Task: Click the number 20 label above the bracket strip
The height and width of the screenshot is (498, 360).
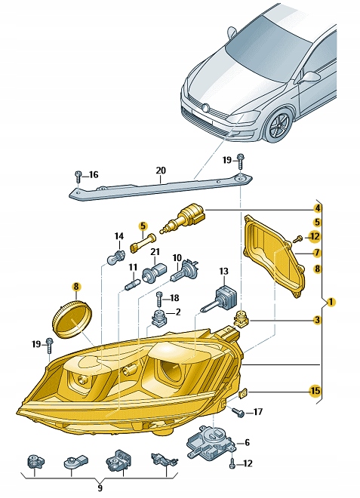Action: click(x=160, y=171)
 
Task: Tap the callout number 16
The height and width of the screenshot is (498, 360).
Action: click(x=94, y=175)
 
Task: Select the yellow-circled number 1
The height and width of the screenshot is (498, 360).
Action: click(x=333, y=303)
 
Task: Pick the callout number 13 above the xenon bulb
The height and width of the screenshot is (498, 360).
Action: click(x=223, y=270)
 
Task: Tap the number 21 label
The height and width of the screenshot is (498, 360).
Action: click(x=155, y=251)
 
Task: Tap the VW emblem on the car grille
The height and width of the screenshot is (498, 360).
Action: click(x=203, y=109)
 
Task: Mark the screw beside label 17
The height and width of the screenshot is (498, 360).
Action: click(x=238, y=412)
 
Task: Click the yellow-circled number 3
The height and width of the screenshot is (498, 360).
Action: click(x=318, y=320)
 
